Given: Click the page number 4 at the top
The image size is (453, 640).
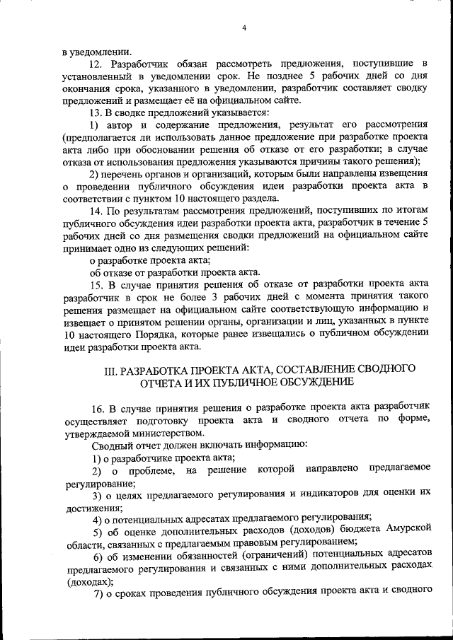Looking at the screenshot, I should coord(243,28).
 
